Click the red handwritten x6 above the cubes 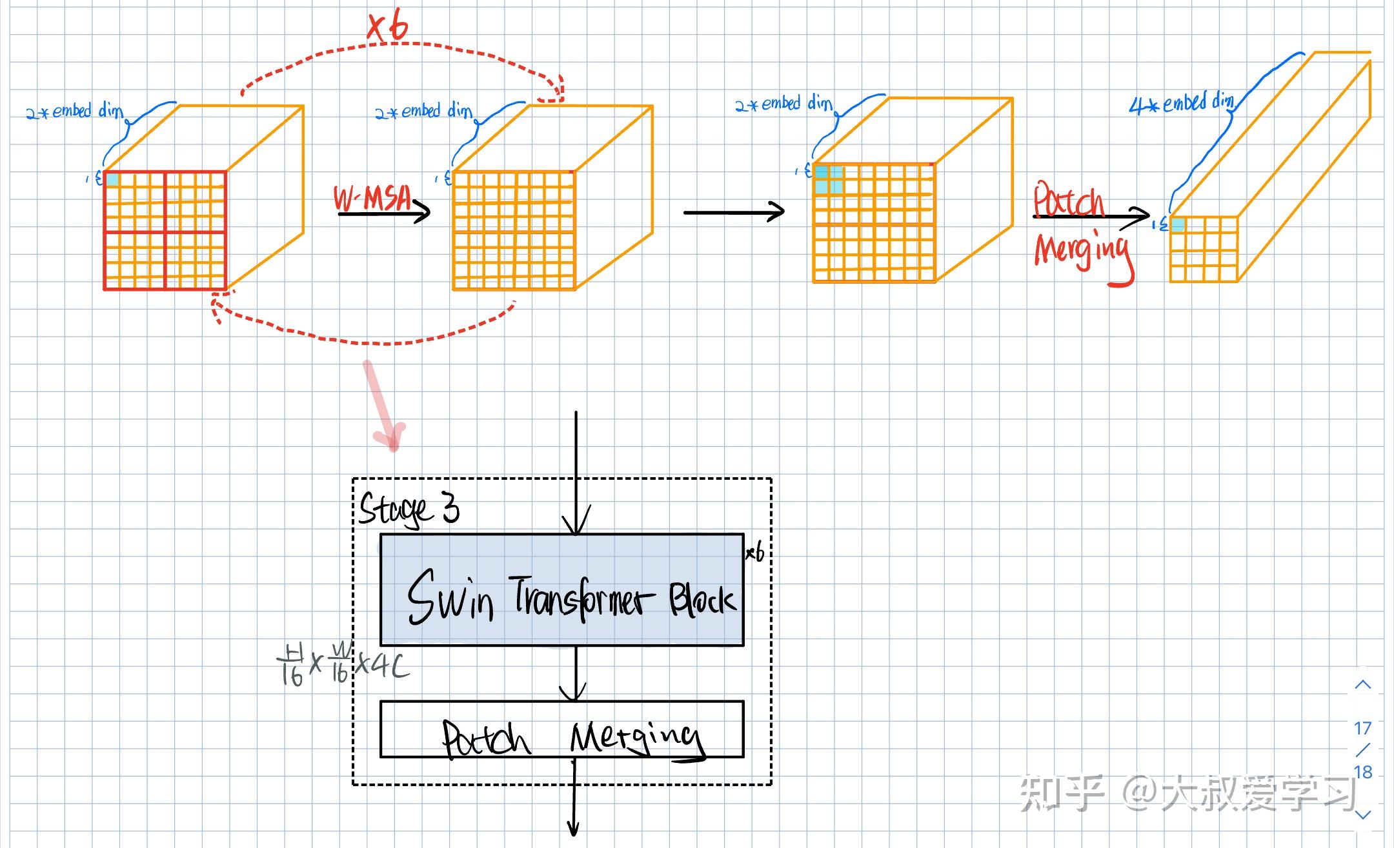[x=387, y=28]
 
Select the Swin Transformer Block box [x=561, y=589]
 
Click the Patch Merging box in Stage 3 [x=561, y=729]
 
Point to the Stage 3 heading [x=409, y=509]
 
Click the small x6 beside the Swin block [x=754, y=553]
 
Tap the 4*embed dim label [x=1181, y=103]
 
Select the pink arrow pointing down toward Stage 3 [x=383, y=406]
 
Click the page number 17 [x=1362, y=729]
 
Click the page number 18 [x=1362, y=772]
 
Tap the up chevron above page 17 [x=1362, y=685]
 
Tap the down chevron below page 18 [x=1362, y=815]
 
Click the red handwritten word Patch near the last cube [x=1068, y=201]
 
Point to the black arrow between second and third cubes [x=734, y=211]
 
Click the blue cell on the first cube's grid [x=112, y=179]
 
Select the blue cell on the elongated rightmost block [x=1178, y=225]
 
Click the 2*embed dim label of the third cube [x=783, y=104]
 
